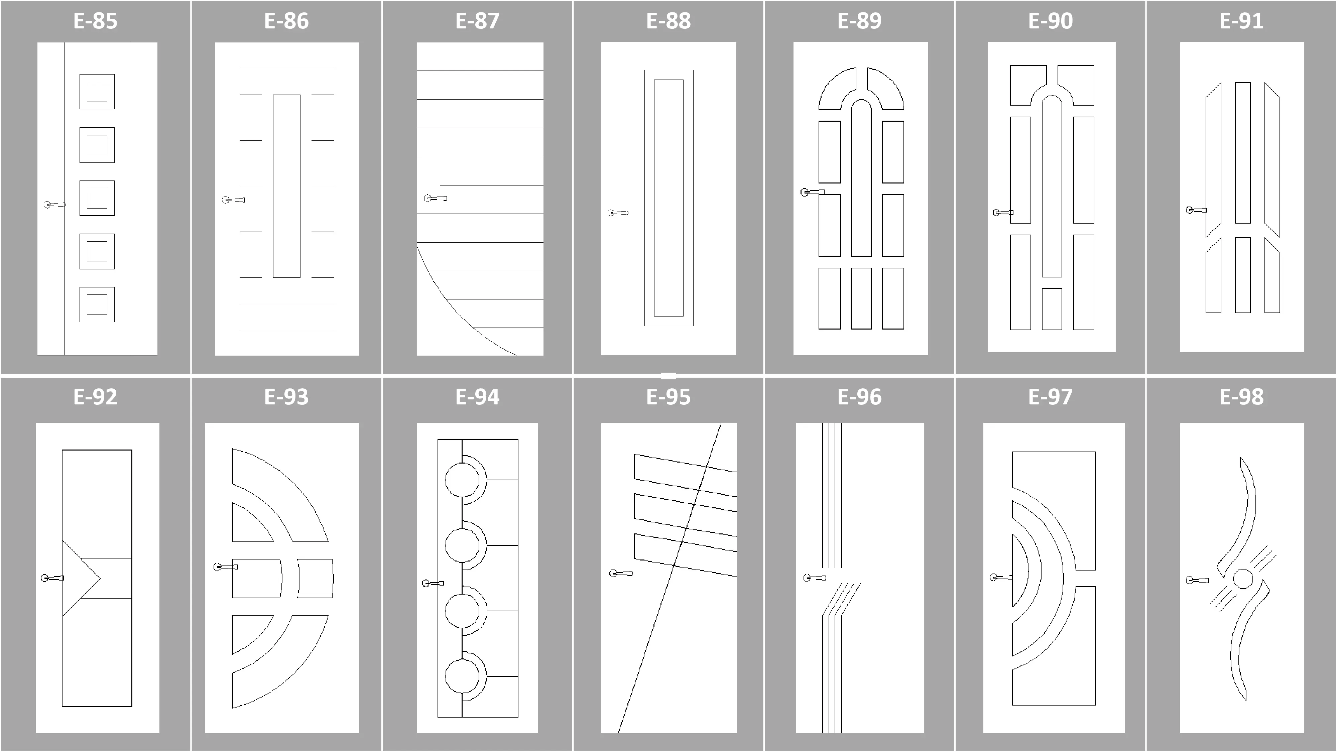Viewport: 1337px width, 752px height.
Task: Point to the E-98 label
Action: click(1241, 397)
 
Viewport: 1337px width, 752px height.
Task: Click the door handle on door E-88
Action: click(618, 213)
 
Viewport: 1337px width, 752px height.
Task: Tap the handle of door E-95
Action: click(621, 574)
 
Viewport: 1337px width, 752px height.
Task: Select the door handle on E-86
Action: click(233, 200)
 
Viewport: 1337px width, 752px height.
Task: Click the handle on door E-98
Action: click(1197, 580)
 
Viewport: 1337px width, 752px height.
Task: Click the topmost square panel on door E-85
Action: click(97, 92)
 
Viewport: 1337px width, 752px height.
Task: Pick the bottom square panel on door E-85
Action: click(97, 304)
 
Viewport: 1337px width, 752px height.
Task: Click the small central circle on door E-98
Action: click(1242, 579)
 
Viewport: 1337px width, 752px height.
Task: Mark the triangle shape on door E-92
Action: click(81, 578)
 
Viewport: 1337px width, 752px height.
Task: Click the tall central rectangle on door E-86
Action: click(286, 186)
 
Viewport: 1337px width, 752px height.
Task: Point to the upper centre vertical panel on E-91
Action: click(1242, 153)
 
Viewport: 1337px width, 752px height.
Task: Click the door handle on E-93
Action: click(225, 567)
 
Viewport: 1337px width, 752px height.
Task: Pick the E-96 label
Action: click(859, 397)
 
